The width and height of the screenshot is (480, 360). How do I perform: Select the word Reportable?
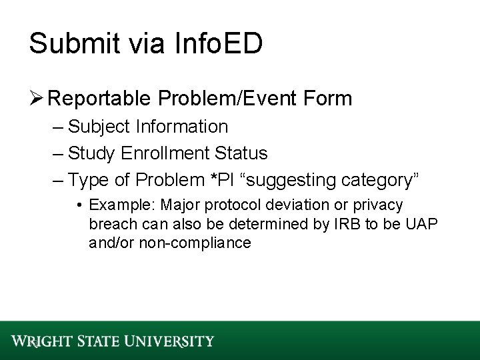coord(99,99)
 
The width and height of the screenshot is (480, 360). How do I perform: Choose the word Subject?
coord(97,127)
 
